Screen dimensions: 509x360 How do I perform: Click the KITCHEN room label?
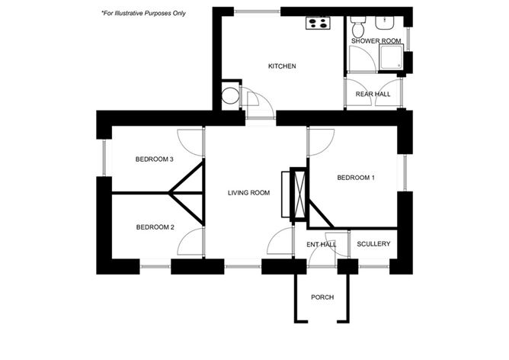(282, 66)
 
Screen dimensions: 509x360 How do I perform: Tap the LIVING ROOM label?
(248, 193)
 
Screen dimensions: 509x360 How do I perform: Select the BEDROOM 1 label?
(356, 178)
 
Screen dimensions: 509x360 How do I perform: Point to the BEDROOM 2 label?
(155, 227)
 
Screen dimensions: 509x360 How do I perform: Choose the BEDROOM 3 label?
(154, 159)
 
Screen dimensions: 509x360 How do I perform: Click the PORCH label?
(322, 297)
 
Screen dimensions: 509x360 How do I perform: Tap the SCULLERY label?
(373, 244)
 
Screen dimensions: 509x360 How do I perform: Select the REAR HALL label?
(373, 95)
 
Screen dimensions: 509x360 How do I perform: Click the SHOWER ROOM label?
(376, 41)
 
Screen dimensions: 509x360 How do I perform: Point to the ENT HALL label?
(321, 245)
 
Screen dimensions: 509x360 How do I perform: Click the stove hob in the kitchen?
(319, 24)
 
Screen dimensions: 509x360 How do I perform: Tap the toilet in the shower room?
(358, 27)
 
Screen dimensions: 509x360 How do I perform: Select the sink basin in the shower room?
(385, 23)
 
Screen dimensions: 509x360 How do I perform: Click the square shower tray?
(391, 57)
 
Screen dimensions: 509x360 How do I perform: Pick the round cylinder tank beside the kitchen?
(230, 96)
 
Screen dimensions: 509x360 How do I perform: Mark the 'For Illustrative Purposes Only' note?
(143, 13)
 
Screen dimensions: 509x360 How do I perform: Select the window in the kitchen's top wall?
(257, 11)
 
